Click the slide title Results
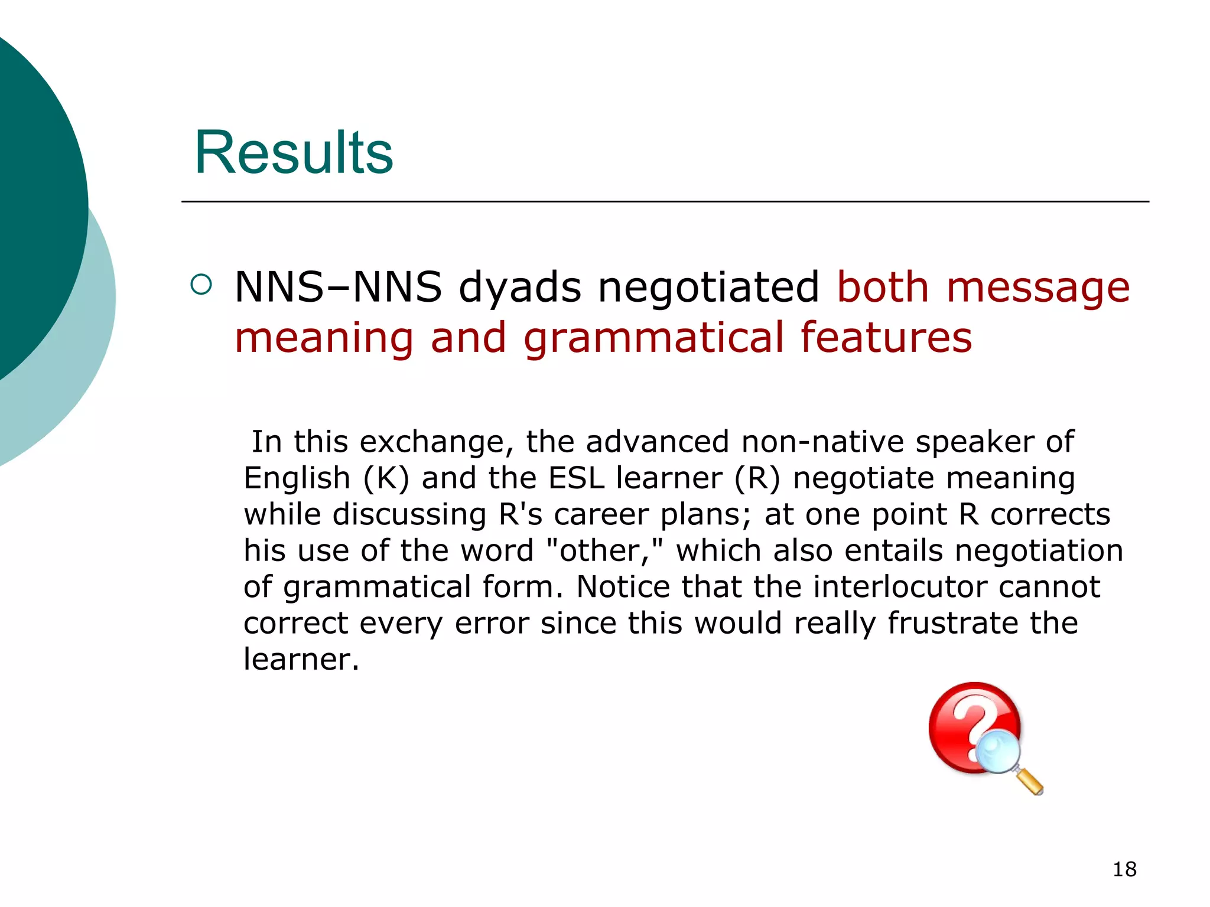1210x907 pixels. [294, 152]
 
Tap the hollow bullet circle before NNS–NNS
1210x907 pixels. [201, 285]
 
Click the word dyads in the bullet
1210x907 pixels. [520, 288]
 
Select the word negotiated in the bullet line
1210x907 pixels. [708, 288]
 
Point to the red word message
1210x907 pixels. [1038, 288]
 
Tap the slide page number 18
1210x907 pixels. [1124, 869]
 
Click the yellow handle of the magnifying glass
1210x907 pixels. [1031, 782]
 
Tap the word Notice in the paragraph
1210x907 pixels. [623, 587]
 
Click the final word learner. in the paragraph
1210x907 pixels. [301, 659]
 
